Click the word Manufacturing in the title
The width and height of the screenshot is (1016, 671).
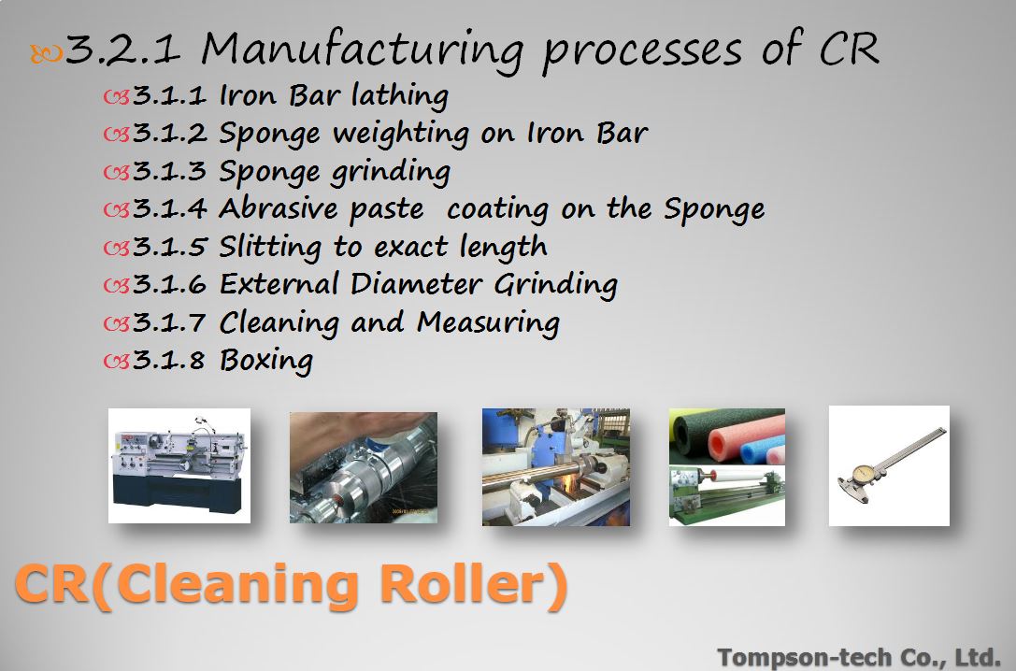point(363,51)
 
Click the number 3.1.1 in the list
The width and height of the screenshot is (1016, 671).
point(169,96)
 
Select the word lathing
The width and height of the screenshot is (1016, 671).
point(400,96)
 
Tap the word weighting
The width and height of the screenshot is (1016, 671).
point(401,135)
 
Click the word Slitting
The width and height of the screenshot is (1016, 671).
point(270,248)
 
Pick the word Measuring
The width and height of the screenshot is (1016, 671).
point(488,323)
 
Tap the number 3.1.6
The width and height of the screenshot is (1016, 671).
point(169,285)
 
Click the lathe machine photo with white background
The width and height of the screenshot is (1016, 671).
point(179,465)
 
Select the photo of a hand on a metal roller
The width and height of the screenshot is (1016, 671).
point(364,467)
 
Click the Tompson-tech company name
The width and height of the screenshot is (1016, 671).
point(859,657)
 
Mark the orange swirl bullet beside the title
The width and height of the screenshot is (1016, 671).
point(46,54)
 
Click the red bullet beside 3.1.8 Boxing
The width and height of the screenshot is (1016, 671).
point(117,362)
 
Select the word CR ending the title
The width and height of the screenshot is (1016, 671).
point(849,49)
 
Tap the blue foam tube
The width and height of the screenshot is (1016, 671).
point(762,450)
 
